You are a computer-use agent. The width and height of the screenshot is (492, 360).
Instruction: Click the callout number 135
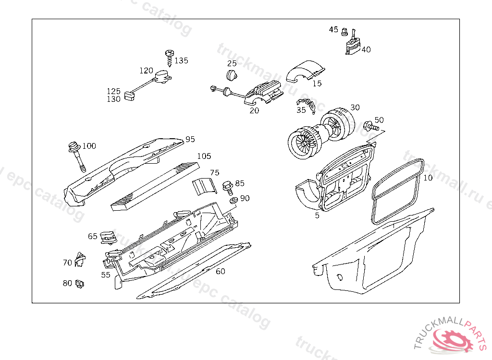click(181, 60)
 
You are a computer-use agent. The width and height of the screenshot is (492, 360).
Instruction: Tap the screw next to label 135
click(169, 57)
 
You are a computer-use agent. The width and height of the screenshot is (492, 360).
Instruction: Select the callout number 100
click(89, 146)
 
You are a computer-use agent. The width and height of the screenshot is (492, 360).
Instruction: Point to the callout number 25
click(232, 63)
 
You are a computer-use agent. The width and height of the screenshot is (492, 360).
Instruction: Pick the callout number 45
click(333, 30)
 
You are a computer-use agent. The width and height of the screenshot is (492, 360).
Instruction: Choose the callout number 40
click(366, 49)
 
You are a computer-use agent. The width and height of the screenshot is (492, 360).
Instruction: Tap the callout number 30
click(355, 108)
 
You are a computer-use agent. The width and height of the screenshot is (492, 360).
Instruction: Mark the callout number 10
click(428, 178)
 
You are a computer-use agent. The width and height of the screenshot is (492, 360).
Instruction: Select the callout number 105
click(204, 156)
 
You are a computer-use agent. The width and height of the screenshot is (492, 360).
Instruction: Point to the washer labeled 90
click(233, 199)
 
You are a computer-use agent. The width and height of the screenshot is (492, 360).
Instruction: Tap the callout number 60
click(220, 271)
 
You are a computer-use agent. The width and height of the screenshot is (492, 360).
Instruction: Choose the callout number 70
click(67, 263)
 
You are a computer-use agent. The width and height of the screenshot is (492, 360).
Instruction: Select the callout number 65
click(93, 236)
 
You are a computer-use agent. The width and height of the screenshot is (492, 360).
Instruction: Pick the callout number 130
click(113, 99)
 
